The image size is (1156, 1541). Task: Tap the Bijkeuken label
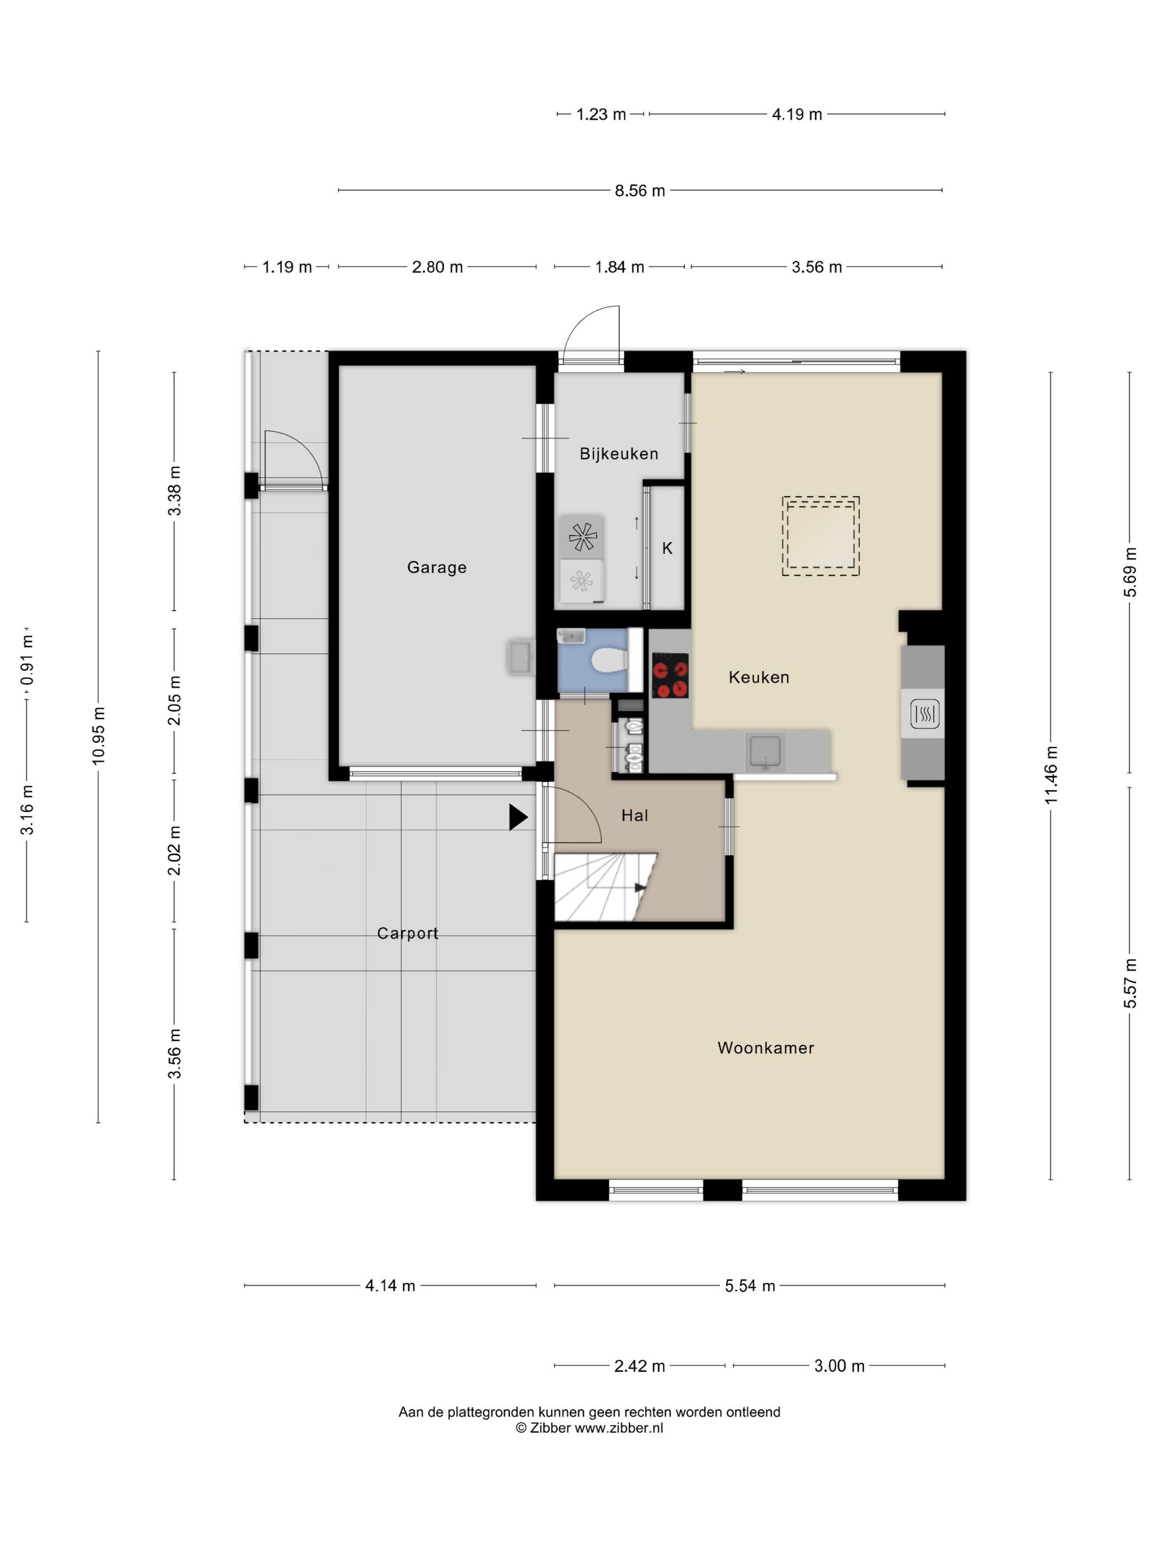pos(619,454)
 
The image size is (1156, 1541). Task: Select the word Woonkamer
pos(766,1048)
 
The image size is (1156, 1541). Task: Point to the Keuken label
pos(759,677)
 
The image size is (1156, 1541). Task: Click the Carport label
pos(408,933)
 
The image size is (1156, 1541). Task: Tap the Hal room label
pos(635,816)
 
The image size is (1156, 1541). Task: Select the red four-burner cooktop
pos(670,675)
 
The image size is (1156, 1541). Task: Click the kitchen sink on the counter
pos(765,752)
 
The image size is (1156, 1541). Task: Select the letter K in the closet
pos(667,548)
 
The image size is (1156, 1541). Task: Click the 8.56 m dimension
pos(640,190)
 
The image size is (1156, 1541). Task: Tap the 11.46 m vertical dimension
pos(1051,775)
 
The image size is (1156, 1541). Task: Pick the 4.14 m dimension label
pos(390,1285)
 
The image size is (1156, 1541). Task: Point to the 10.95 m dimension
pos(98,736)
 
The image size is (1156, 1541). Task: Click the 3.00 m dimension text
pos(839,1365)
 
